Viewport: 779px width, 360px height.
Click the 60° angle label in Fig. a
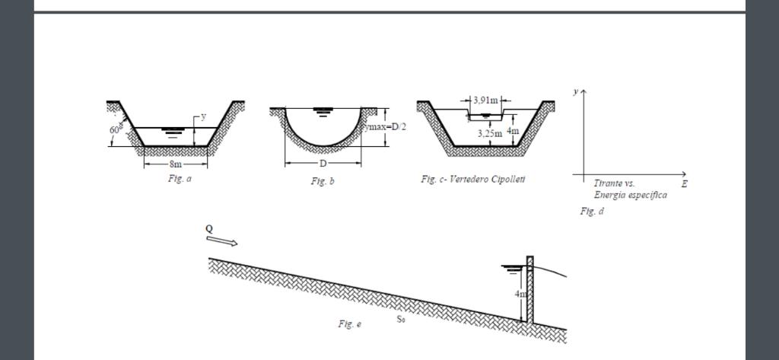[113, 129]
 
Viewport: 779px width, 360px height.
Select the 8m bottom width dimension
[176, 164]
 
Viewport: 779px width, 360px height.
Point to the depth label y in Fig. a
[203, 117]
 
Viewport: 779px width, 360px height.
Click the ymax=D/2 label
[386, 126]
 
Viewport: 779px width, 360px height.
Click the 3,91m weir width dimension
[485, 100]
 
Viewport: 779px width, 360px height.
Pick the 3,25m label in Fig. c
[489, 134]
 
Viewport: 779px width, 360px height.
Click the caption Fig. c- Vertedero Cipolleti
[472, 179]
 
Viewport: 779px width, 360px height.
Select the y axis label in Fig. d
[575, 91]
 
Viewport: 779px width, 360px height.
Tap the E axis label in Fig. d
[684, 184]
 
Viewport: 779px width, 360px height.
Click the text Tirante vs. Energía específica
[630, 190]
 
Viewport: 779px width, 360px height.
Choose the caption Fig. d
[591, 212]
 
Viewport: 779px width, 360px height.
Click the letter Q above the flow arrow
[209, 228]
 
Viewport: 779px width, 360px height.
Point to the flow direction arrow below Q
[222, 241]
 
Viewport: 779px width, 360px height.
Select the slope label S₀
[400, 319]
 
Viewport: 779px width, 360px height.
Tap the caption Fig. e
[349, 324]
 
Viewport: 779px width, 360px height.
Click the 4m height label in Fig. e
[520, 294]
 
